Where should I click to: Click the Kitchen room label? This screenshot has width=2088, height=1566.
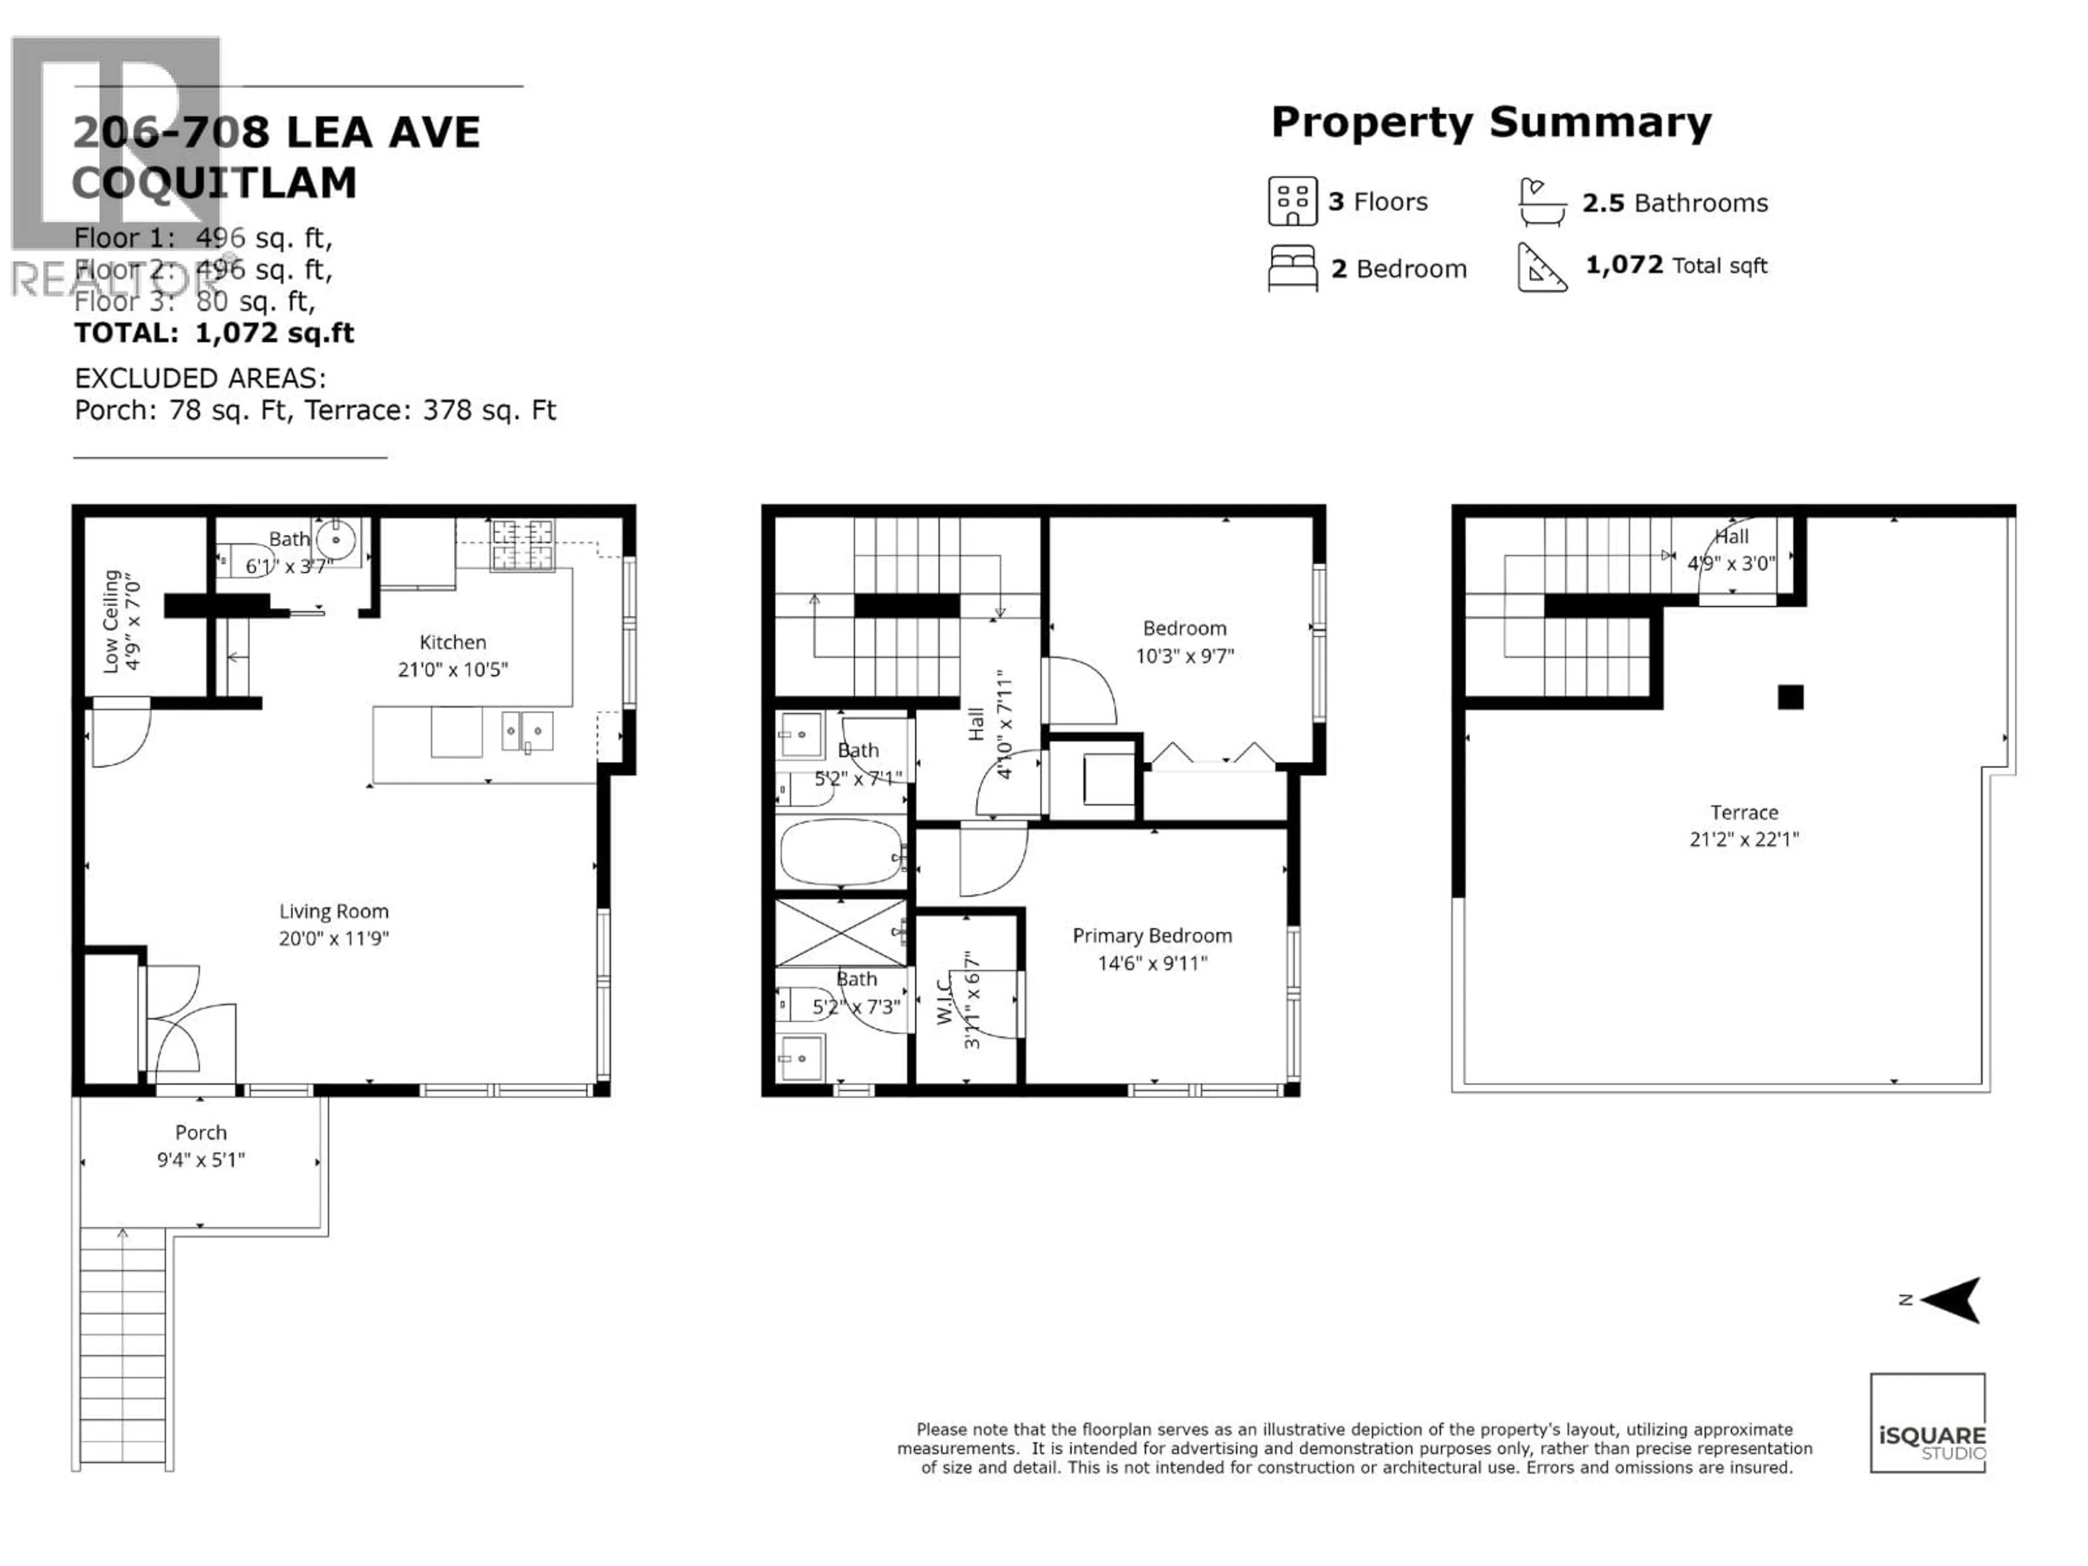(x=452, y=642)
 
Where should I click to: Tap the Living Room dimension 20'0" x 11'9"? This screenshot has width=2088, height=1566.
(x=333, y=939)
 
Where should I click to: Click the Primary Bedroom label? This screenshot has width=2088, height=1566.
(x=1152, y=935)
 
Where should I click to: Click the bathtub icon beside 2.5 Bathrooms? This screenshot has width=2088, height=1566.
(x=1543, y=202)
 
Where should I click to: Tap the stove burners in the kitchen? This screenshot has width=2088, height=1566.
(x=522, y=545)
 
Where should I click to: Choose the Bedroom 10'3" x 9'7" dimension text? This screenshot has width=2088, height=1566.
(x=1185, y=655)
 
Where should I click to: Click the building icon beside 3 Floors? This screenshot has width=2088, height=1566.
(x=1291, y=201)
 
